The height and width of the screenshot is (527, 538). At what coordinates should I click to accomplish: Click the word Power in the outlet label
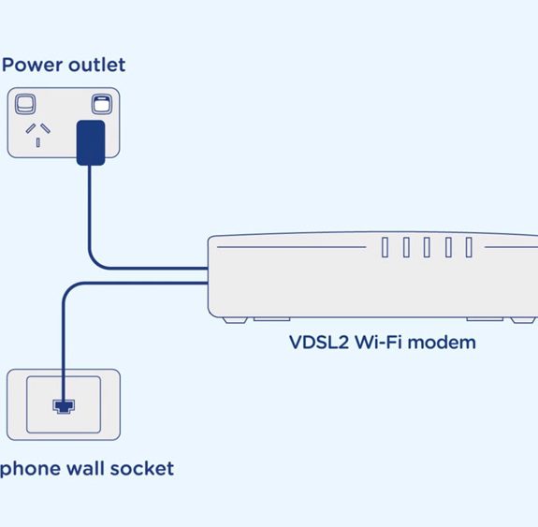(x=33, y=65)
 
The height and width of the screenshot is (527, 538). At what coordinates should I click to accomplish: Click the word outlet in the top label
(x=97, y=65)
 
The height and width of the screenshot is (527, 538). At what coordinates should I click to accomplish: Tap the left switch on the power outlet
(x=25, y=104)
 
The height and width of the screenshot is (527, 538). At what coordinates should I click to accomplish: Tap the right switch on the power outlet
(x=102, y=104)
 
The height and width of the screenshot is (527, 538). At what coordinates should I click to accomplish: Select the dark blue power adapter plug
(x=91, y=142)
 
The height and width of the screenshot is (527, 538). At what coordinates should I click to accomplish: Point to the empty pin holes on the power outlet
(x=38, y=135)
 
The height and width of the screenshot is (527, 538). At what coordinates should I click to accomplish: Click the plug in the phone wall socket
(x=64, y=406)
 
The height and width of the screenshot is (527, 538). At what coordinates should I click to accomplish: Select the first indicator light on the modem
(x=385, y=247)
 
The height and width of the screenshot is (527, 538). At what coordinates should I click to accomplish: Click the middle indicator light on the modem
(x=427, y=247)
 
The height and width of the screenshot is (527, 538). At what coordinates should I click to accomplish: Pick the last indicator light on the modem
(x=469, y=247)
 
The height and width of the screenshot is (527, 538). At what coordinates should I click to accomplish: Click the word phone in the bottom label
(x=30, y=469)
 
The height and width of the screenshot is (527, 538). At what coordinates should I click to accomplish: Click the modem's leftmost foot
(x=235, y=320)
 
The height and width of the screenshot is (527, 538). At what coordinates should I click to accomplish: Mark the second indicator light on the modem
(x=406, y=247)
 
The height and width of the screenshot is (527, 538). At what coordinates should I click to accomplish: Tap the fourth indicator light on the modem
(x=448, y=247)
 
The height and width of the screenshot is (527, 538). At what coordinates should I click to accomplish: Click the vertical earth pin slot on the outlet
(x=38, y=142)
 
